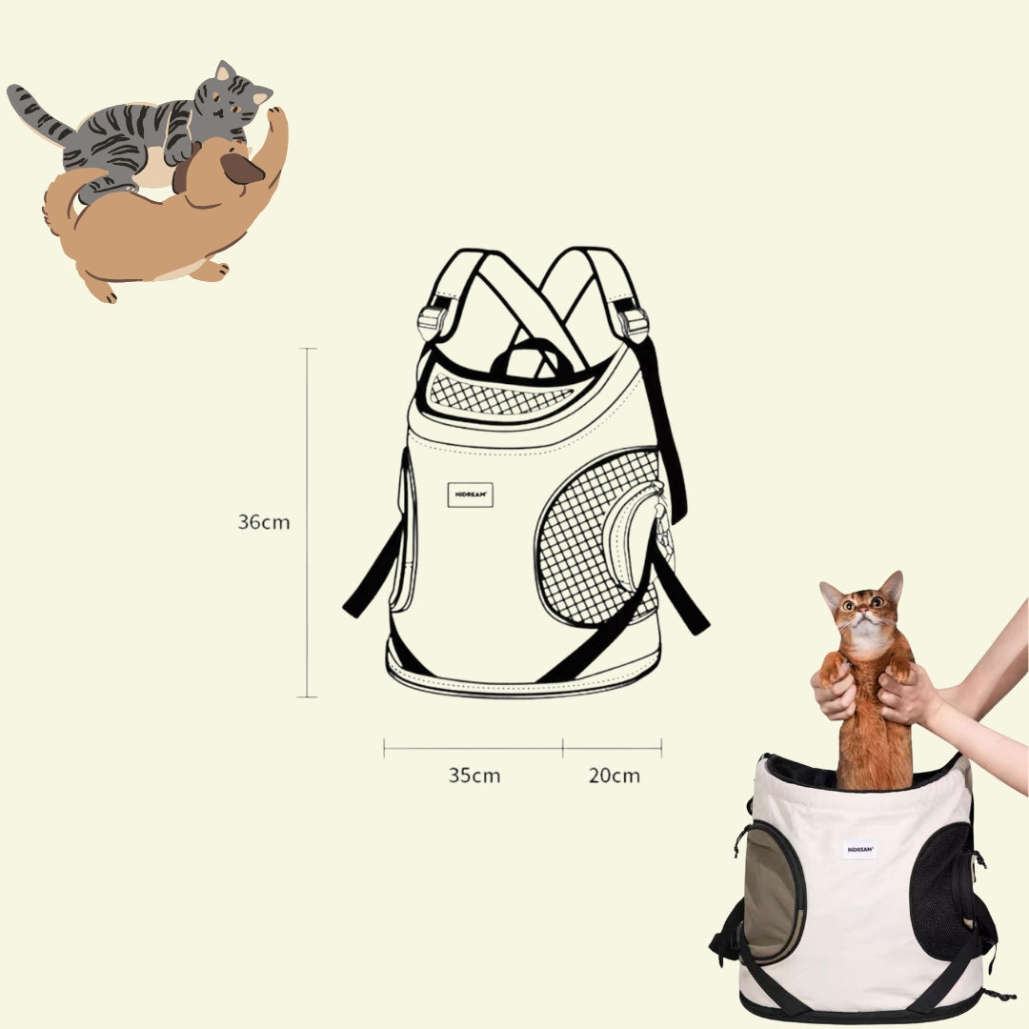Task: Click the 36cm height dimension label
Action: (x=263, y=522)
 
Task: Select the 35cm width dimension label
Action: (x=474, y=775)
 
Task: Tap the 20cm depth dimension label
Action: (x=614, y=775)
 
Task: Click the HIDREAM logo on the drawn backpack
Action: (x=470, y=494)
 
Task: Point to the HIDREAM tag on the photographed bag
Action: (x=859, y=849)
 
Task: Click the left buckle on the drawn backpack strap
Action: (x=433, y=321)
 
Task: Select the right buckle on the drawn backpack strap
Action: (x=633, y=324)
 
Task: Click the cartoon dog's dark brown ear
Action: (x=241, y=170)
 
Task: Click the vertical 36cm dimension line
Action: (x=307, y=522)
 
